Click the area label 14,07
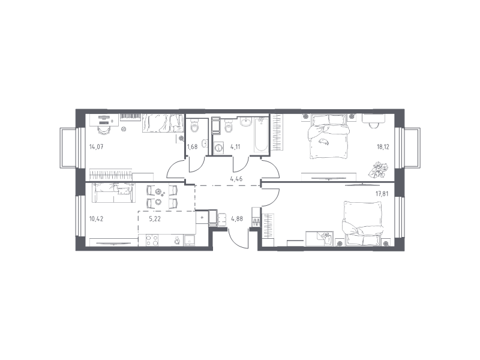coord(96,146)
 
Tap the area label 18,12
coord(383,146)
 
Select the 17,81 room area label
coord(382,193)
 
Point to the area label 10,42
coord(96,219)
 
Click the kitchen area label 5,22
coord(155,219)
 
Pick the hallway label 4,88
coord(237,219)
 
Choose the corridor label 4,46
coord(236,179)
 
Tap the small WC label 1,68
coord(192,146)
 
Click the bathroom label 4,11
coord(235,146)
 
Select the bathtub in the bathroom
coord(261,134)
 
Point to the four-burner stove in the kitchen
coord(152,240)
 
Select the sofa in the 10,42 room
coord(113,193)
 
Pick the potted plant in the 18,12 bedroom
coord(380,169)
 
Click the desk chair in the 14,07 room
coord(104,129)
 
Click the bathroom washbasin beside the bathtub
coord(245,122)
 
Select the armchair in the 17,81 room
coord(363,223)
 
